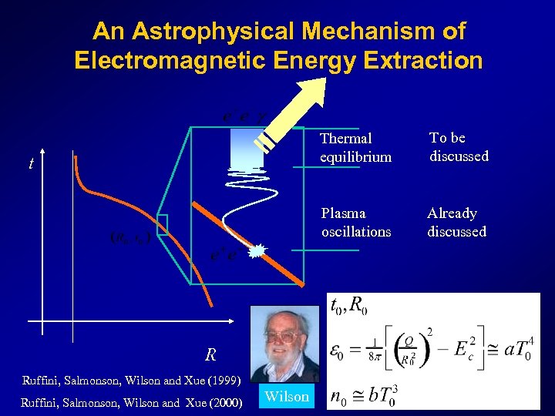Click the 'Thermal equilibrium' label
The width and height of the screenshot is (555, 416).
pos(355,147)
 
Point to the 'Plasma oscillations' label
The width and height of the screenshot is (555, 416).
pos(355,222)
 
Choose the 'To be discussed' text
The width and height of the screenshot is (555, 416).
pos(459,146)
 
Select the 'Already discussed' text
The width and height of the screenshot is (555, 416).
pos(456,222)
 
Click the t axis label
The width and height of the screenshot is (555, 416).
pos(31,163)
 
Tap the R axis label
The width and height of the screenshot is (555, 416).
pos(210,355)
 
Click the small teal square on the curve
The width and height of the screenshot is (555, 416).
pos(161,223)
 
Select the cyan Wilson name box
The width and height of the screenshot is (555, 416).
pos(286,397)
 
